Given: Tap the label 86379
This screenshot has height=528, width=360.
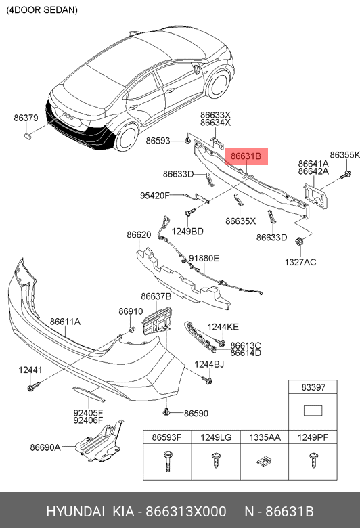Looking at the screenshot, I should tap(26, 118).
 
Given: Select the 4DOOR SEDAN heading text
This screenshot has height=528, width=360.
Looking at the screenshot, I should tap(42, 10).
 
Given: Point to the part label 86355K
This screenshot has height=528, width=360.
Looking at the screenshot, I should tap(345, 155).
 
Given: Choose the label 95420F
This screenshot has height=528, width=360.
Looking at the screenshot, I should tap(154, 196).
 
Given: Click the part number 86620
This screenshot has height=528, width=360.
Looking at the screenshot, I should tap(139, 235).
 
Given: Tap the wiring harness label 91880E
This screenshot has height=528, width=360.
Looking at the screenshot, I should tap(204, 258).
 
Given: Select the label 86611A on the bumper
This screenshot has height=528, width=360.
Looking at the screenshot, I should tap(65, 322).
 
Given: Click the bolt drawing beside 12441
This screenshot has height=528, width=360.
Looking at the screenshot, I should tap(32, 388).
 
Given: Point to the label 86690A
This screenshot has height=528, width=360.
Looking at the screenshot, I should tap(45, 447).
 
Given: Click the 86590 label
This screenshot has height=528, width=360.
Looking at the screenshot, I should tap(196, 413).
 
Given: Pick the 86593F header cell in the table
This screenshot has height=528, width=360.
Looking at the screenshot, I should tap(166, 438).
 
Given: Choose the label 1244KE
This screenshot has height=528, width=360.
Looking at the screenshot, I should tap(223, 327).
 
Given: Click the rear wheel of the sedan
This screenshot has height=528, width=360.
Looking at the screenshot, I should tap(127, 139).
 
